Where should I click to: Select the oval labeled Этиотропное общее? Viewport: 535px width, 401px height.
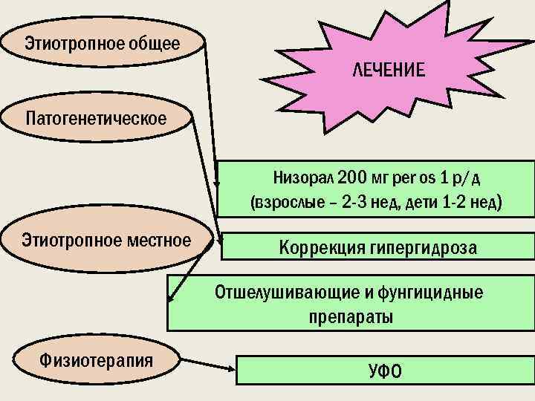[103, 43]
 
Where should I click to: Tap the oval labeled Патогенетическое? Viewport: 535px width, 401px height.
[97, 118]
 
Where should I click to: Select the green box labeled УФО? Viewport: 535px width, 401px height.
[384, 370]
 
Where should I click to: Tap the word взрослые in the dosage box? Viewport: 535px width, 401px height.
[286, 203]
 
